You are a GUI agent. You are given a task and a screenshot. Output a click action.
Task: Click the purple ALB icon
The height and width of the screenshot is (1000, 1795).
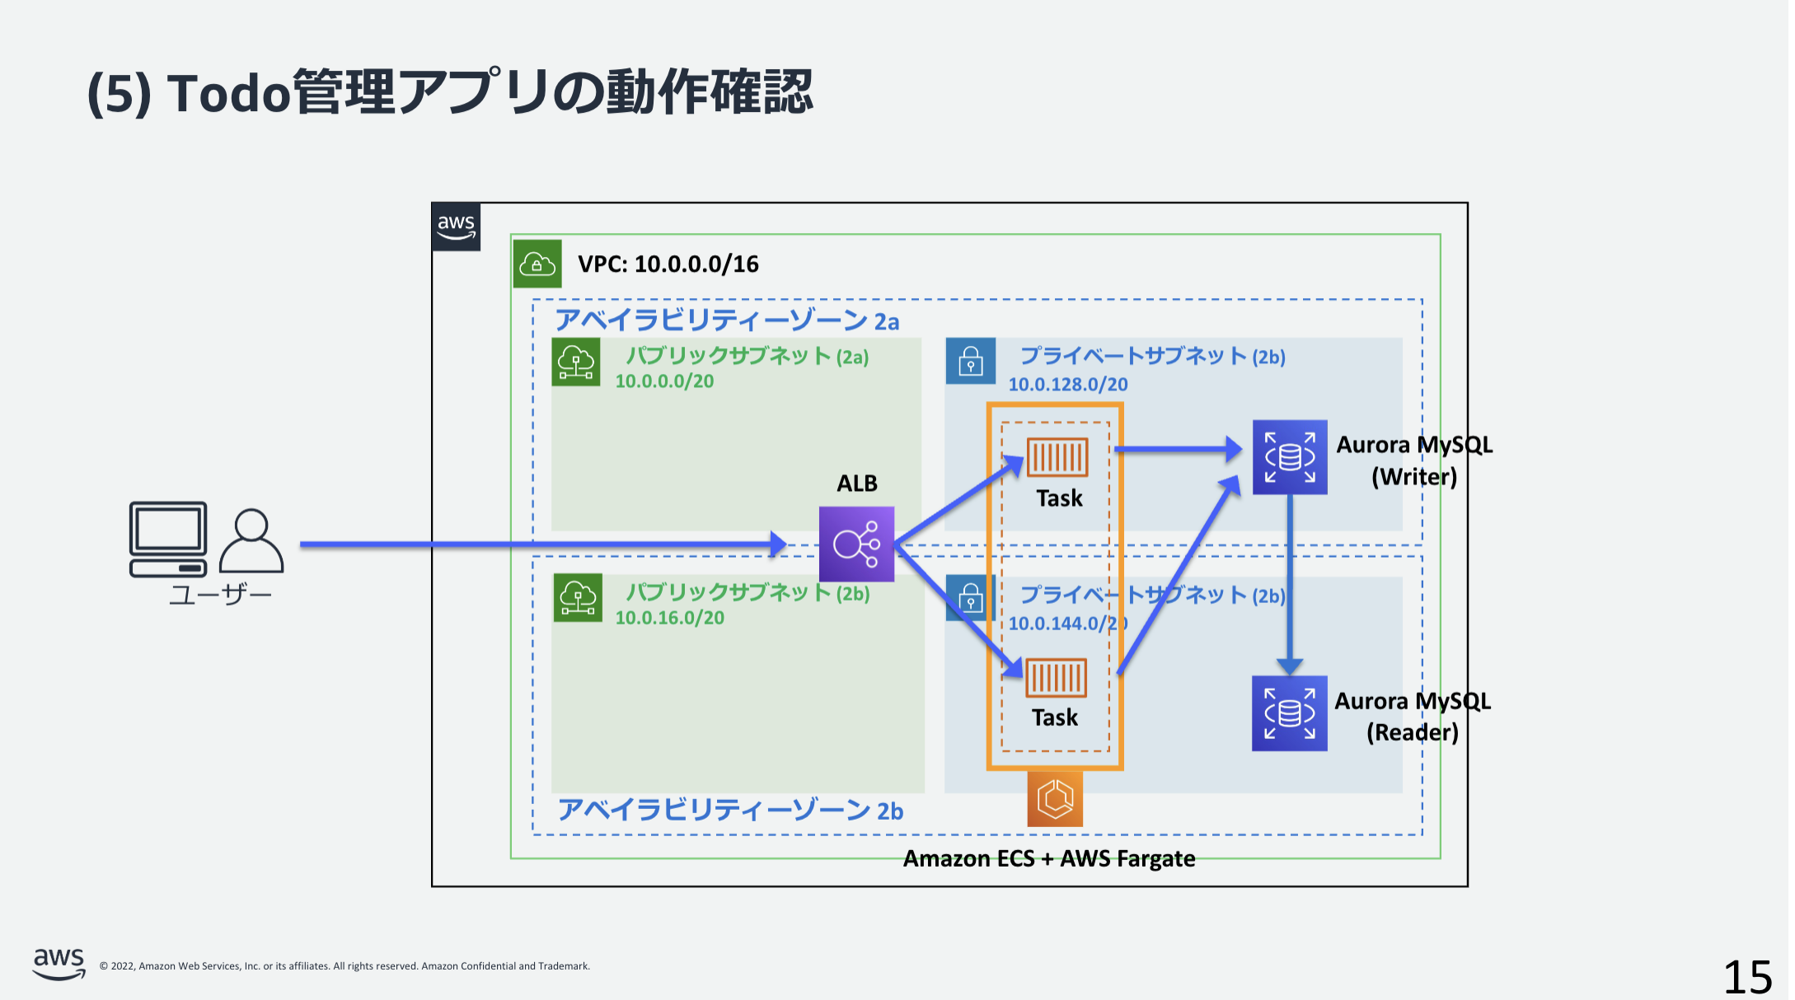point(856,544)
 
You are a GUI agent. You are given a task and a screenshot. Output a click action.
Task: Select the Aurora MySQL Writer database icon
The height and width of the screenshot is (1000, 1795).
point(1289,457)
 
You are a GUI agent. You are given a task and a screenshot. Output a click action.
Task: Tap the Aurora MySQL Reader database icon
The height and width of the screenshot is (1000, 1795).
point(1289,713)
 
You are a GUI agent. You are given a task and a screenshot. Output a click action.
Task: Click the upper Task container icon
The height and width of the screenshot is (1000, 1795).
point(1057,456)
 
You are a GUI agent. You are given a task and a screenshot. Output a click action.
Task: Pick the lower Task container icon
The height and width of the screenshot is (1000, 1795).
point(1056,677)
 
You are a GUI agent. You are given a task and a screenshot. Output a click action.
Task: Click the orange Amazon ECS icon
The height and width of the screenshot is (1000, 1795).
point(1054,798)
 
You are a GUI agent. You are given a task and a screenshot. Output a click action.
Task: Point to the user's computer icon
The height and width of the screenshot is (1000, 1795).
point(168,539)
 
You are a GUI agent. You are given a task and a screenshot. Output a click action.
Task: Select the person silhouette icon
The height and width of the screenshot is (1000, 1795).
point(251,540)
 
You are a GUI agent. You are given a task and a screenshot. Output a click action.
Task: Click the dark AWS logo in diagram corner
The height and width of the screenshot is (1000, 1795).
point(456,227)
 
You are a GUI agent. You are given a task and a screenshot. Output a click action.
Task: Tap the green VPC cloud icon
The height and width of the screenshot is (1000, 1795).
point(537,264)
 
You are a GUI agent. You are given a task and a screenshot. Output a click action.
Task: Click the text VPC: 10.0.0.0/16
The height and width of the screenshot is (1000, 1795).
point(668,264)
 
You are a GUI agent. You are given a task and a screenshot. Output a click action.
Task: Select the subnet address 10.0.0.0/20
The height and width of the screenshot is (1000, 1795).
point(664,381)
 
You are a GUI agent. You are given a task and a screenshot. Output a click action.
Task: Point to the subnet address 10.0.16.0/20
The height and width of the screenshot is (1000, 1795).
point(669,618)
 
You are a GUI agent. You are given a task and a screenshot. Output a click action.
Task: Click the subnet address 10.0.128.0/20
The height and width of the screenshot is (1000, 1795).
point(1067,385)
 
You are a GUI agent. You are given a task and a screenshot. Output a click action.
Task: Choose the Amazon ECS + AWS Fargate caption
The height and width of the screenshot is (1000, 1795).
point(1048,858)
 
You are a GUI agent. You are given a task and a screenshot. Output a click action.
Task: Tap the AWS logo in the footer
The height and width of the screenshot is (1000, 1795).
point(59,962)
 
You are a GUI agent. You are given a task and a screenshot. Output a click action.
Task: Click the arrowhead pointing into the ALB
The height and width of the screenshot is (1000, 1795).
point(778,544)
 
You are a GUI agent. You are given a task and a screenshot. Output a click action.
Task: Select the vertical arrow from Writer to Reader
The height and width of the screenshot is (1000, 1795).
point(1289,581)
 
